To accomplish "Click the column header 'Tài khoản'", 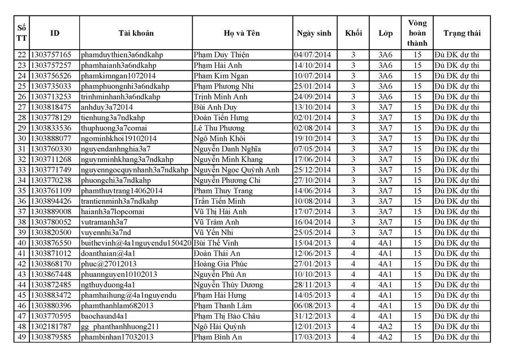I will point(136,33).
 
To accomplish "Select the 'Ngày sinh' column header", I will point(314,33).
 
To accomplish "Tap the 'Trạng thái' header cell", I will point(461,33).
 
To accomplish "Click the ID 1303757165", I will point(51,55).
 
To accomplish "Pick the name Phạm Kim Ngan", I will point(221,76).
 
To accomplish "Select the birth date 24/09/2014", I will point(313,97).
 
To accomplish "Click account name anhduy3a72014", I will point(107,107).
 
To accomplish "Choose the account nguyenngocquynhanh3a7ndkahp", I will point(135,170).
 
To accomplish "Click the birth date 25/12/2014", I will point(313,170).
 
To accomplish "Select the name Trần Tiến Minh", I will point(221,201).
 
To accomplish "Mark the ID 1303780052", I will point(51,222).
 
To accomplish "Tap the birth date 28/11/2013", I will point(313,285).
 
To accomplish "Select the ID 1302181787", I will point(51,327).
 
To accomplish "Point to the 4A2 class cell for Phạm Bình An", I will point(385,337).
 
